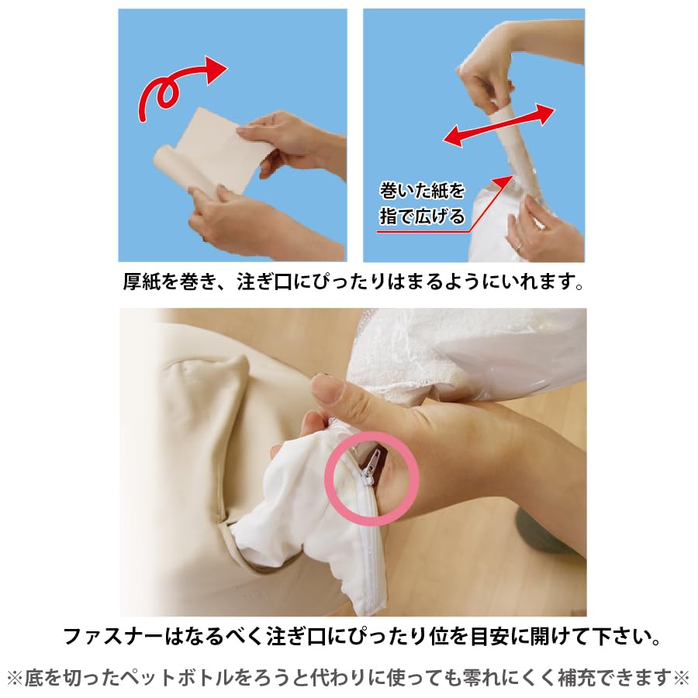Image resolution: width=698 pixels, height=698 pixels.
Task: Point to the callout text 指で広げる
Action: tap(422, 215)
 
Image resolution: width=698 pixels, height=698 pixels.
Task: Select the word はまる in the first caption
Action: tap(418, 281)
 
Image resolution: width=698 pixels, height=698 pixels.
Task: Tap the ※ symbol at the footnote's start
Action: tap(15, 678)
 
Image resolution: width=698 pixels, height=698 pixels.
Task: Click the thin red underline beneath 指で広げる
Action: tap(423, 230)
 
